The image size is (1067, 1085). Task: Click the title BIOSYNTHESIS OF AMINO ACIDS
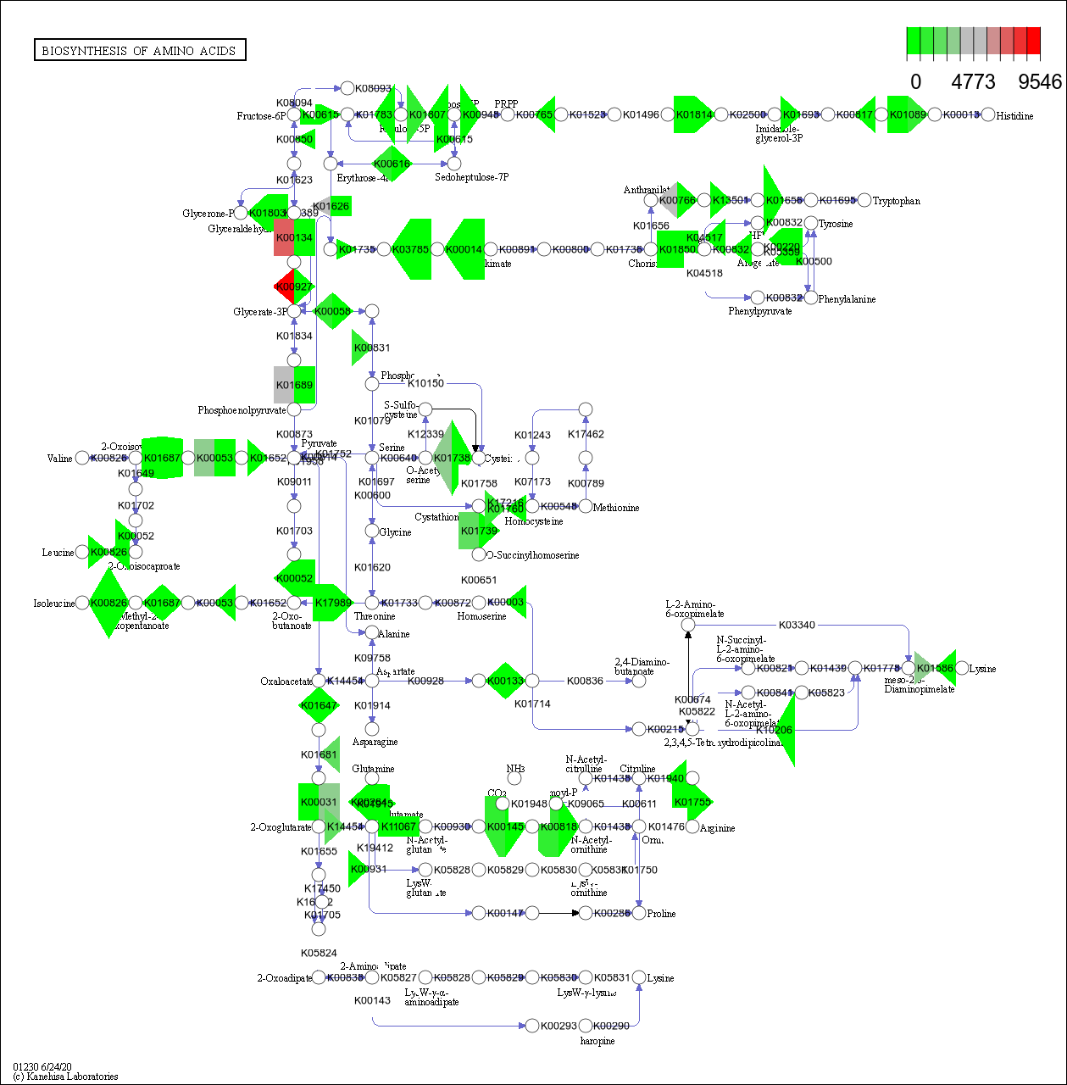pyautogui.click(x=139, y=51)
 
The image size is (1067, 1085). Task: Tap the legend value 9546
pyautogui.click(x=1039, y=81)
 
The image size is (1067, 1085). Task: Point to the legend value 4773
pyautogui.click(x=973, y=81)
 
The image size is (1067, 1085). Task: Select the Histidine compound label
pyautogui.click(x=1014, y=116)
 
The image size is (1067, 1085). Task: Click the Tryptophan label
pyautogui.click(x=897, y=201)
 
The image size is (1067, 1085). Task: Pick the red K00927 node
pyautogui.click(x=294, y=287)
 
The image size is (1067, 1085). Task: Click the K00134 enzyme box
pyautogui.click(x=294, y=237)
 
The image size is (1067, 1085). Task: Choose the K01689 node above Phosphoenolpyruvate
pyautogui.click(x=294, y=385)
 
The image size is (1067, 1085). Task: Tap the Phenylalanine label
pyautogui.click(x=847, y=299)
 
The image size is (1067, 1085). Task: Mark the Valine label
pyautogui.click(x=59, y=459)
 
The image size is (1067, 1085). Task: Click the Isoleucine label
pyautogui.click(x=53, y=604)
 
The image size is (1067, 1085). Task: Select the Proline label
pyautogui.click(x=661, y=914)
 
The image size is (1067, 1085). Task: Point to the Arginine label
pyautogui.click(x=717, y=828)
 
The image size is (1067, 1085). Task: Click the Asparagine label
pyautogui.click(x=375, y=742)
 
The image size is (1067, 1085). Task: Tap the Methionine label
pyautogui.click(x=616, y=508)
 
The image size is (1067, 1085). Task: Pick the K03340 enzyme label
pyautogui.click(x=797, y=625)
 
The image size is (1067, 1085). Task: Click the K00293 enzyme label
pyautogui.click(x=559, y=1026)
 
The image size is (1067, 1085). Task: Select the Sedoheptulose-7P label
pyautogui.click(x=471, y=177)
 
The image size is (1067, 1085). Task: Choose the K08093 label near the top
pyautogui.click(x=373, y=88)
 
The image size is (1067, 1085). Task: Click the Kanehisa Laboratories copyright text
pyautogui.click(x=66, y=1077)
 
